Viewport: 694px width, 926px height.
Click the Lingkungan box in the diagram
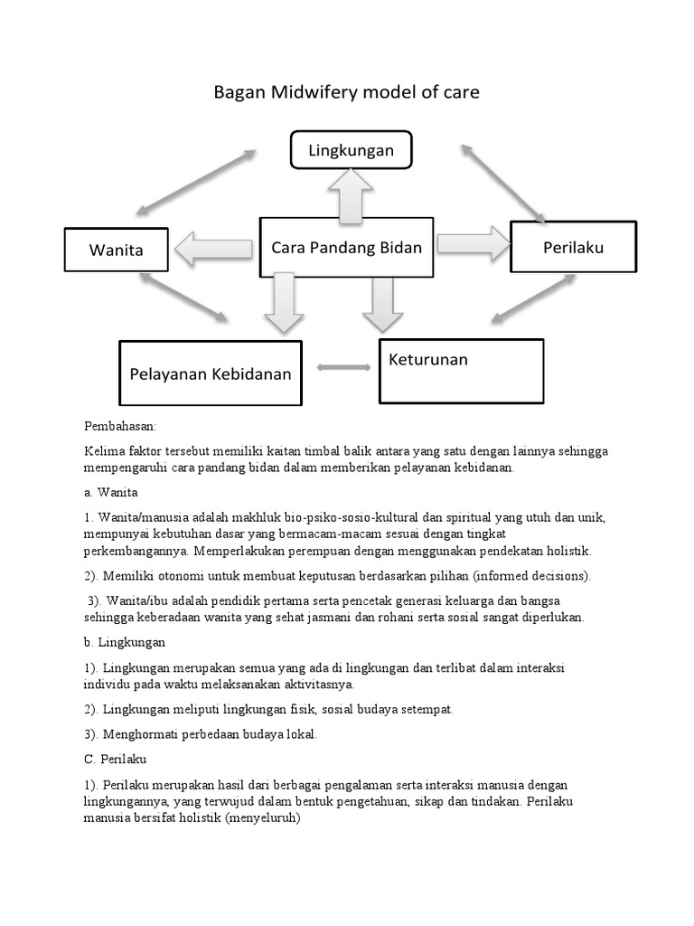coord(351,150)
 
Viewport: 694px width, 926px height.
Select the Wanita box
coord(116,250)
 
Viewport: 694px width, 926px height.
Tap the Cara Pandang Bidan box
coord(347,247)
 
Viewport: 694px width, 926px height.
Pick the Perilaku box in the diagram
coord(573,246)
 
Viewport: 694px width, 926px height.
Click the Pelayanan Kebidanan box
coord(211,373)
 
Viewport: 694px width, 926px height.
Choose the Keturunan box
coord(461,371)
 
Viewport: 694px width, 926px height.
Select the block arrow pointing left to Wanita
coord(215,247)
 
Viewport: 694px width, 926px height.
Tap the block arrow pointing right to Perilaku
coord(473,244)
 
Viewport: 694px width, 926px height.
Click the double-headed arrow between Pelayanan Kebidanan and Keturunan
coord(344,367)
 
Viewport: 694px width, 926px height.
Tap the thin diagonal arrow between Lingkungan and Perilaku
coord(503,182)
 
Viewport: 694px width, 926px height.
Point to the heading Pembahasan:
coord(120,425)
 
